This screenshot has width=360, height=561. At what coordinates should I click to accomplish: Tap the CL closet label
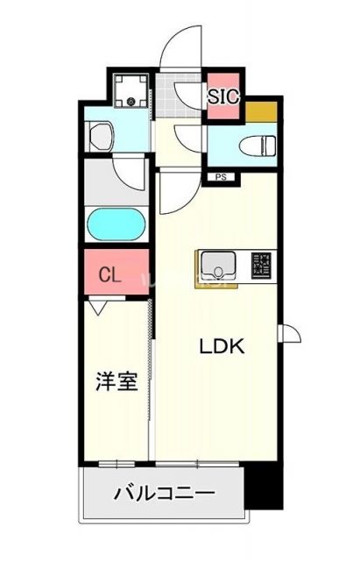coord(109,274)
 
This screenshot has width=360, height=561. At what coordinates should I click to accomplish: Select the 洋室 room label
coord(116,382)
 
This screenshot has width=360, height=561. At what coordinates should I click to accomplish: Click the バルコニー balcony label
coord(164,494)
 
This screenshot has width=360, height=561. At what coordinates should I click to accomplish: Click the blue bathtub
coord(116,226)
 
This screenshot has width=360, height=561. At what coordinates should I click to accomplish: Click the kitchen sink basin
coord(215,263)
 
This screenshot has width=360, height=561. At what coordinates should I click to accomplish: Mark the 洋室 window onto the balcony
coord(116,462)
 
